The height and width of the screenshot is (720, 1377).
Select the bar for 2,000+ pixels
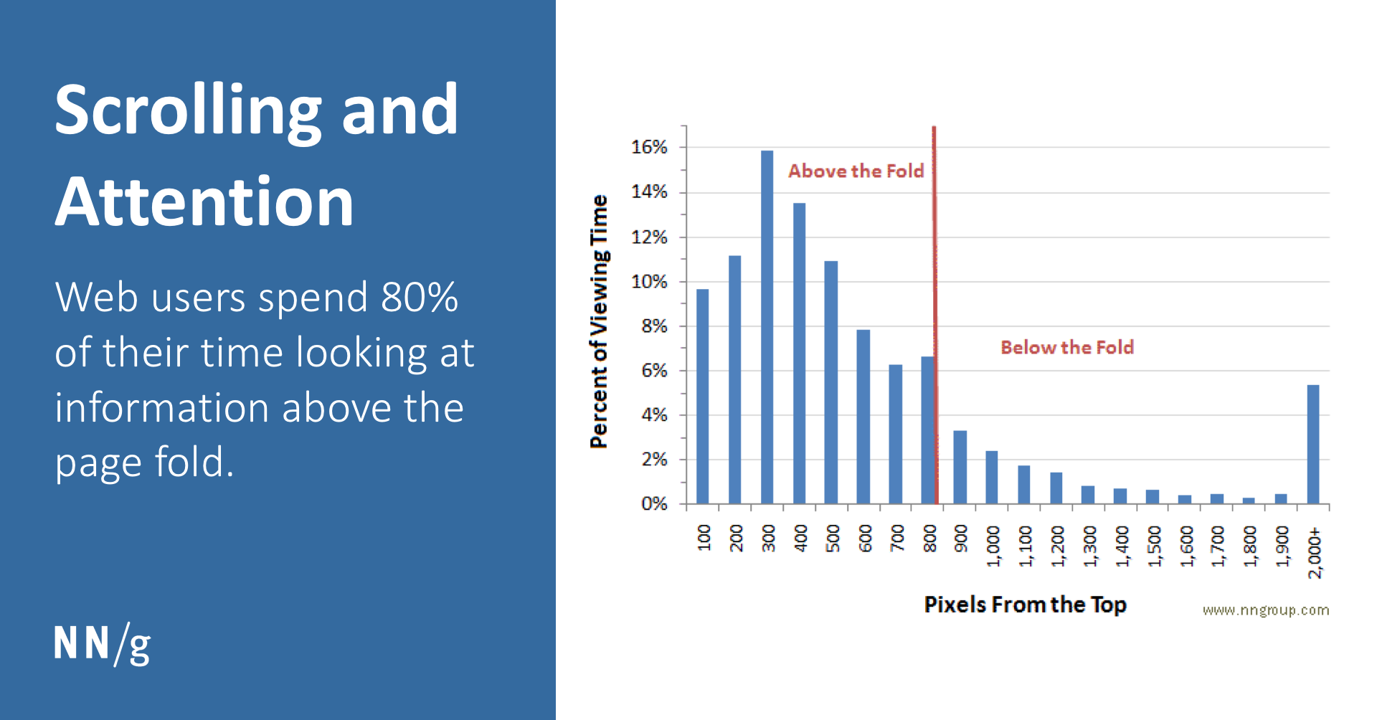pyautogui.click(x=1313, y=445)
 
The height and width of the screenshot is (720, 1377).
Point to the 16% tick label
pyautogui.click(x=649, y=147)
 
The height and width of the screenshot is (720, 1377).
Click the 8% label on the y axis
pyautogui.click(x=653, y=326)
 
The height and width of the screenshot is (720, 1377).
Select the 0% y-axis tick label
pyautogui.click(x=653, y=504)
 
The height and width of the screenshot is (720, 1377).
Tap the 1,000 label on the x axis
pyautogui.click(x=993, y=546)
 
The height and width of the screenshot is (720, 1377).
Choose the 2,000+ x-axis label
pyautogui.click(x=1314, y=552)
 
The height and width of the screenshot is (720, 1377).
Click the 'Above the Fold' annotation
pyautogui.click(x=856, y=171)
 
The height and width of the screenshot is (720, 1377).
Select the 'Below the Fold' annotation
pyautogui.click(x=1067, y=347)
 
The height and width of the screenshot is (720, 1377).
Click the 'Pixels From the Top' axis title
pyautogui.click(x=1025, y=605)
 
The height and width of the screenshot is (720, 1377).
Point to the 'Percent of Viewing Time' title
pyautogui.click(x=599, y=321)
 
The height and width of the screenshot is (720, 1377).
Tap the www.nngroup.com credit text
pyautogui.click(x=1265, y=610)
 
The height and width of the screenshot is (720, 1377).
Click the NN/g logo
pyautogui.click(x=102, y=643)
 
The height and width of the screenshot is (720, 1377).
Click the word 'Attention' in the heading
pyautogui.click(x=204, y=202)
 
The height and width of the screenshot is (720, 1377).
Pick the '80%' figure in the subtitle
pyautogui.click(x=420, y=297)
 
